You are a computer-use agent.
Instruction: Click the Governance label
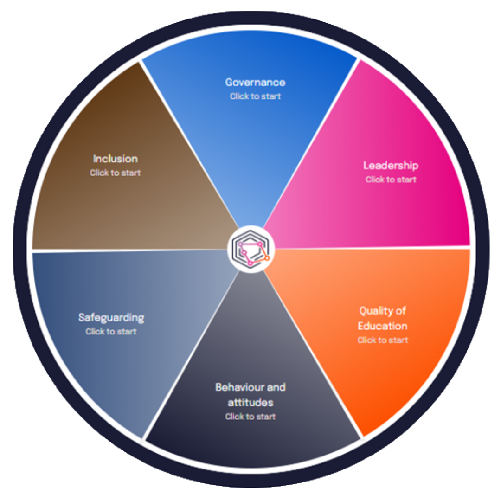255,83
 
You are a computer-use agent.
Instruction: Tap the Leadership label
391,166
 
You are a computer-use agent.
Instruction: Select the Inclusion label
115,159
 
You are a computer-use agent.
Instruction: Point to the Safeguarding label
111,318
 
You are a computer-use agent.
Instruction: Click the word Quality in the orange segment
376,311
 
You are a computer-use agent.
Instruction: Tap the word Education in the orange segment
383,326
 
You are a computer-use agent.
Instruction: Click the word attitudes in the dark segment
250,402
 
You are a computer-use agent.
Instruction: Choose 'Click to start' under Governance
255,96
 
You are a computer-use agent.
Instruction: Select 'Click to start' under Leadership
391,180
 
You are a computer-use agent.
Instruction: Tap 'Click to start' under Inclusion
115,173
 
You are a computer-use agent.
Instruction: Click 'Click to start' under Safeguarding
111,332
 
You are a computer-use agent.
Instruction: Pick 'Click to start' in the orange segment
383,340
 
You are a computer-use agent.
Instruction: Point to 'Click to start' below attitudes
250,417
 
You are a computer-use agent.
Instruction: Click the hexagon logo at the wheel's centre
251,249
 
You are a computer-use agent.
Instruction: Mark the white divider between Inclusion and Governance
190,144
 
